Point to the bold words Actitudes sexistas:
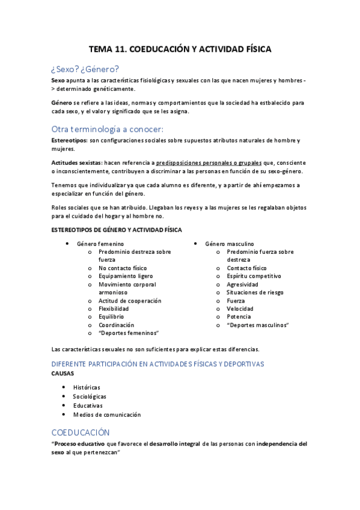tap(77, 162)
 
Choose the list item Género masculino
tap(229, 244)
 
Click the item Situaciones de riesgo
tap(255, 292)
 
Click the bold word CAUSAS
tap(63, 373)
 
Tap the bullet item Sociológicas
tap(90, 397)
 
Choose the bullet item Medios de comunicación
tap(106, 414)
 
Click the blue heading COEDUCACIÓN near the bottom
tap(81, 432)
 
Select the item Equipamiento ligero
tap(121, 276)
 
